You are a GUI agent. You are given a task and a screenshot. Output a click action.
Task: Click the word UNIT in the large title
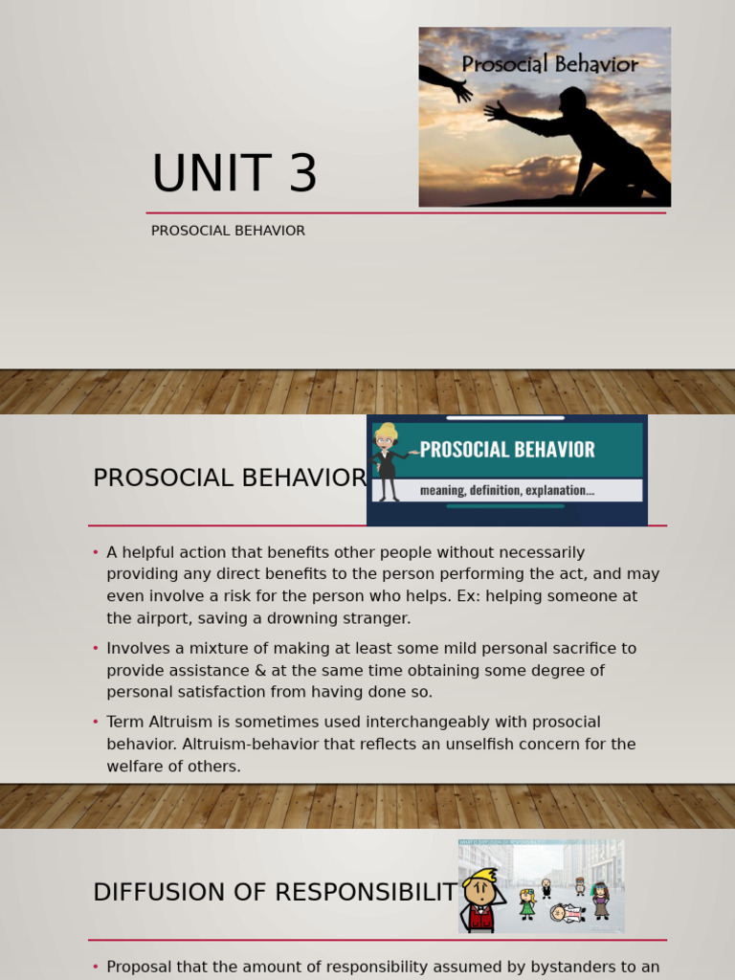tap(211, 174)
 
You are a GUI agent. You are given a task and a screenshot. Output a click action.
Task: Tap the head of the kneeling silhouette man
tap(573, 100)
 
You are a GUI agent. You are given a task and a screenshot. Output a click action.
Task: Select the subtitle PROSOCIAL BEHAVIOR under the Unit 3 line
tap(228, 231)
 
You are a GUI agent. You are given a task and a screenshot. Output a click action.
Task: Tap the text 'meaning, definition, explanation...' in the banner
tap(506, 490)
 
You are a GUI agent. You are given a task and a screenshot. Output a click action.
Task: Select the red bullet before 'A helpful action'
tap(96, 553)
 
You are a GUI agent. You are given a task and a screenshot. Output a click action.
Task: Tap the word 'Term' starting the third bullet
tap(125, 722)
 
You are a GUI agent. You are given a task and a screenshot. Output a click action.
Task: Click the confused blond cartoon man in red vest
tap(479, 900)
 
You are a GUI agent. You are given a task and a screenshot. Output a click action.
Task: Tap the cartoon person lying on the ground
tap(568, 913)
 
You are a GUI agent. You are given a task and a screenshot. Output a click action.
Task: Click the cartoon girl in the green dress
tap(527, 903)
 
